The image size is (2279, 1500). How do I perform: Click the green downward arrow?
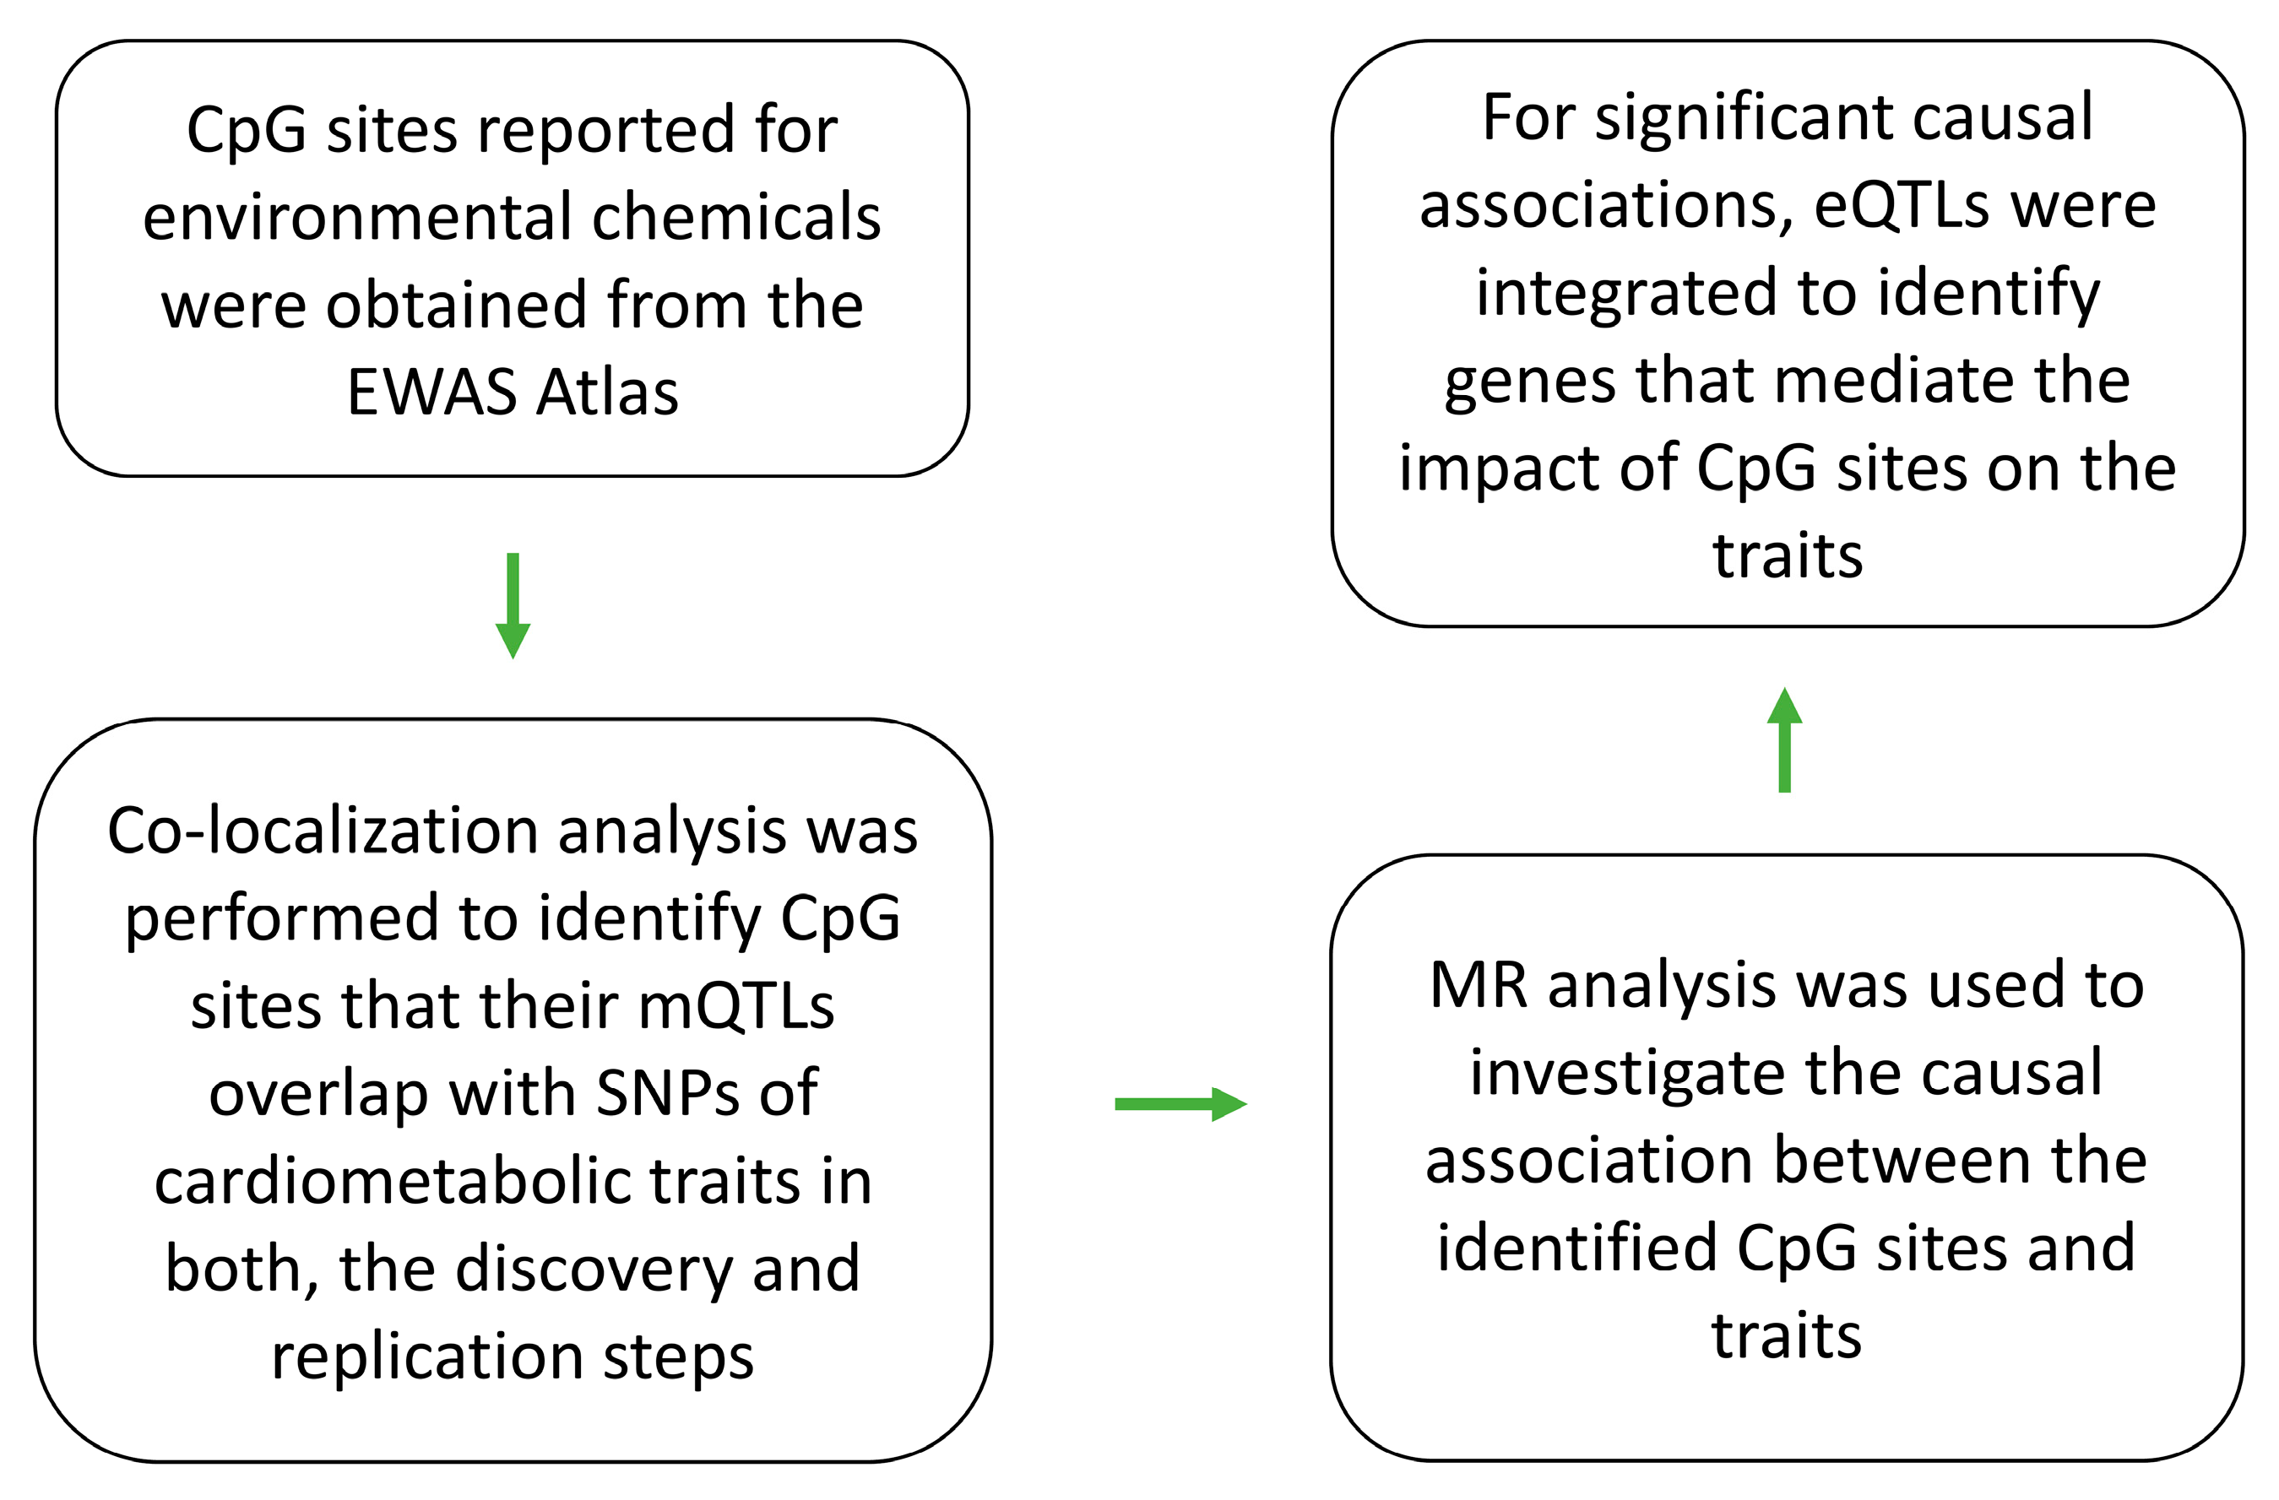pyautogui.click(x=513, y=605)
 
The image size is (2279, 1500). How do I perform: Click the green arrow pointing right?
pyautogui.click(x=1180, y=1104)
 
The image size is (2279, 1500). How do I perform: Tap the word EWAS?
pyautogui.click(x=431, y=392)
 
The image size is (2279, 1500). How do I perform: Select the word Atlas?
pyautogui.click(x=607, y=392)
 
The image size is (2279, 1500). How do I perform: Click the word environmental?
pyautogui.click(x=358, y=216)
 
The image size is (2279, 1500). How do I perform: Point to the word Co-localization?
pyautogui.click(x=323, y=830)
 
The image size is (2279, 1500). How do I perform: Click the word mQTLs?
pyautogui.click(x=736, y=1006)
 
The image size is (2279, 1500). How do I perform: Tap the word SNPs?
pyautogui.click(x=667, y=1092)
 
